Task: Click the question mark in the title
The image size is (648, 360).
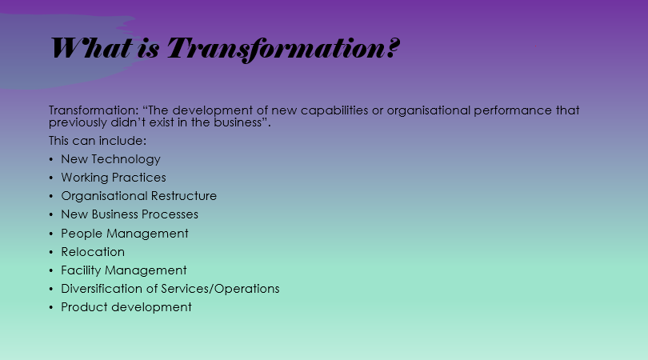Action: click(394, 48)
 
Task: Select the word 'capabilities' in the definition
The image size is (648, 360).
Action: click(334, 110)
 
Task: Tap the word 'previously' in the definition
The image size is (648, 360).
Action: click(78, 122)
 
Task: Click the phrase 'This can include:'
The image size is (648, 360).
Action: click(98, 141)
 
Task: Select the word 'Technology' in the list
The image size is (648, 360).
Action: click(126, 159)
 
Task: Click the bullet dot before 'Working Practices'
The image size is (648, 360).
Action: click(51, 178)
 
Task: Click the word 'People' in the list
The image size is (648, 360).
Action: click(82, 234)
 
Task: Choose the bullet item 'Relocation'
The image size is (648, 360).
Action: click(93, 252)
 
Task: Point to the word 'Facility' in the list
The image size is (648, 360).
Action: click(81, 270)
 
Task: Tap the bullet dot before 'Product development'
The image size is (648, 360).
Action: click(51, 307)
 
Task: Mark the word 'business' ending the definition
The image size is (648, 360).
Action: click(238, 122)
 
